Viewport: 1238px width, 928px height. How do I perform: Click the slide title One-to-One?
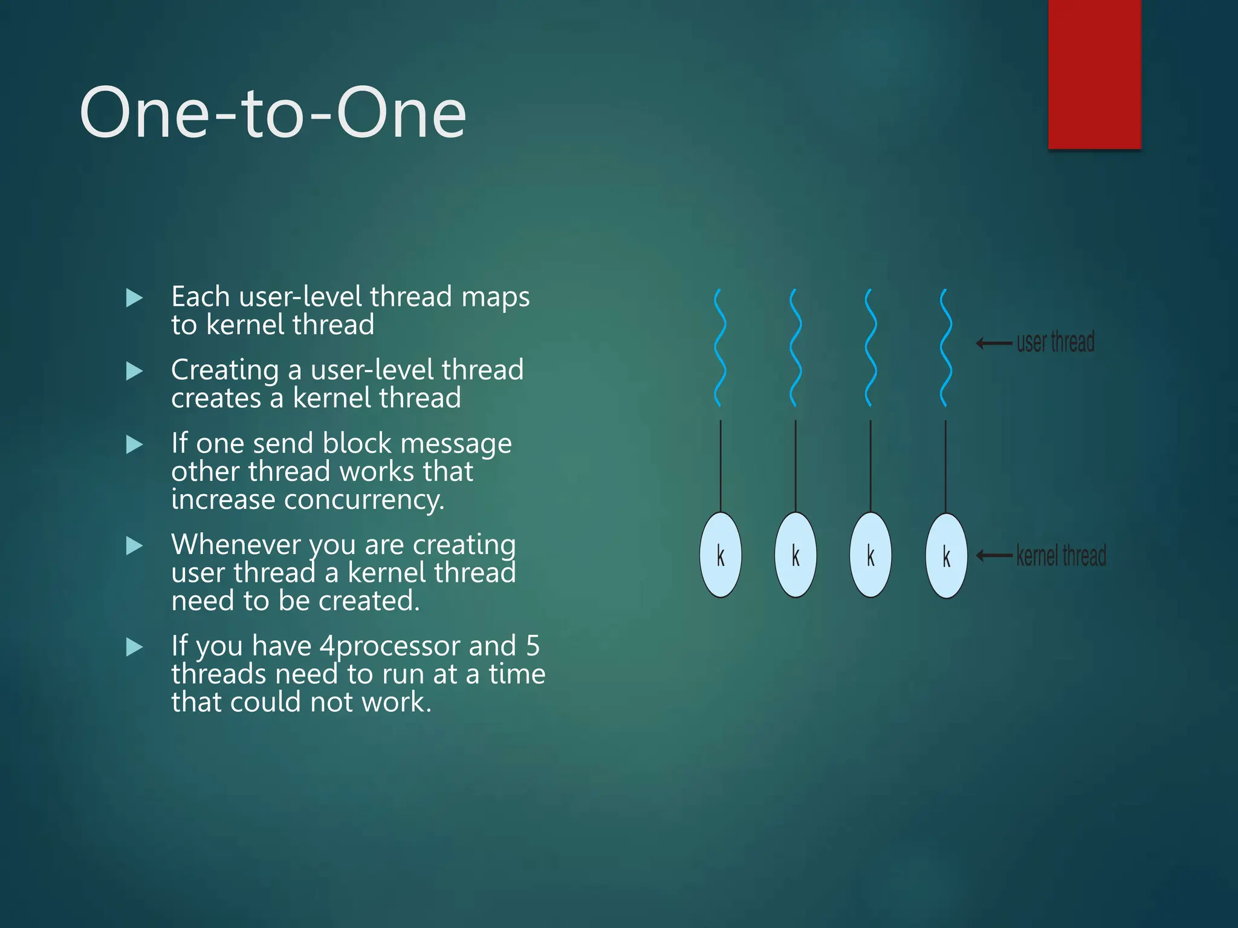click(x=273, y=113)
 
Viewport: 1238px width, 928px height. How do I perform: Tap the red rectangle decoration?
click(x=1094, y=74)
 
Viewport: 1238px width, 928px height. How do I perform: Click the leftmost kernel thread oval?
click(x=721, y=555)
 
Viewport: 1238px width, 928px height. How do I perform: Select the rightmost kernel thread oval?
click(x=946, y=556)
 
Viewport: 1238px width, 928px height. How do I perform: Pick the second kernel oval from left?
click(x=796, y=555)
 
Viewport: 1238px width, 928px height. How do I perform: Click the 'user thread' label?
click(x=1055, y=342)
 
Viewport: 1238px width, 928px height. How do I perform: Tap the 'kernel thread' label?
click(x=1061, y=555)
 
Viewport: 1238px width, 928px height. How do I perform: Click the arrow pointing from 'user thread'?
click(x=994, y=344)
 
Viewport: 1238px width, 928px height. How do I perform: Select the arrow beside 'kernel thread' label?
click(x=994, y=556)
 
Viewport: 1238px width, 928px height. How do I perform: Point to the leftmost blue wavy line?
click(x=719, y=348)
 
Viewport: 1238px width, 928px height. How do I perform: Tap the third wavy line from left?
click(x=870, y=348)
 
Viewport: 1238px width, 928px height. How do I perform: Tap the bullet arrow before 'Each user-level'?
click(x=134, y=298)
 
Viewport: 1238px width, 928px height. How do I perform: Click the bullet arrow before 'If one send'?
click(x=134, y=445)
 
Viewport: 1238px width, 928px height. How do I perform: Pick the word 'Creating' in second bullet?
click(x=225, y=370)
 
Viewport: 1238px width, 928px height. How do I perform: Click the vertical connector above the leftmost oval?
click(x=721, y=465)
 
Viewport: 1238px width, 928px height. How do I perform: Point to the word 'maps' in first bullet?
click(x=495, y=297)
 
